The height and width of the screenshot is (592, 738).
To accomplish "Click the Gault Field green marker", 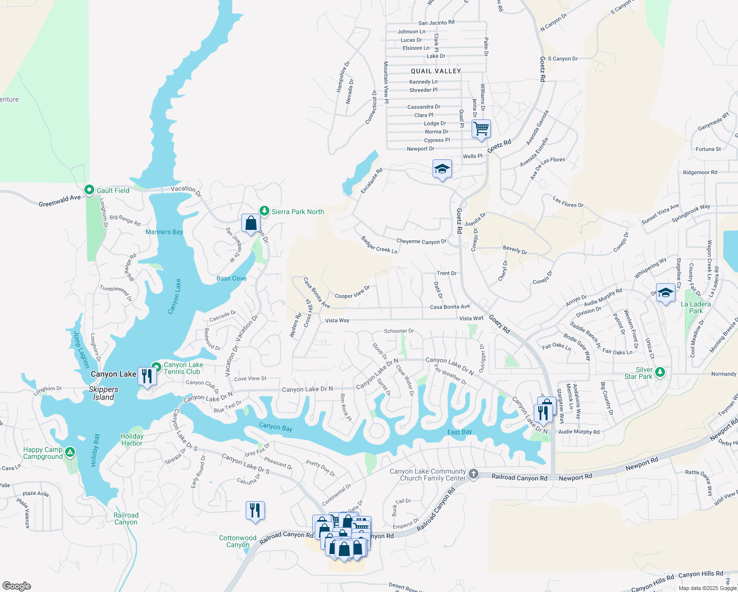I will [x=89, y=190].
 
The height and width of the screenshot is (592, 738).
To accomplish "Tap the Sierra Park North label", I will [x=297, y=212].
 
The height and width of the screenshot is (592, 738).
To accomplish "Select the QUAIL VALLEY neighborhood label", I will [x=436, y=71].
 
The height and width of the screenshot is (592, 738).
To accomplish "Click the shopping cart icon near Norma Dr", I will [x=481, y=129].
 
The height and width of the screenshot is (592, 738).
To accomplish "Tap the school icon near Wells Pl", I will [x=442, y=169].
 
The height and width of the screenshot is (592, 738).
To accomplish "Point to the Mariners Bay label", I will [x=164, y=232].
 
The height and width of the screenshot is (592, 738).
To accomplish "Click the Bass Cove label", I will [x=231, y=278].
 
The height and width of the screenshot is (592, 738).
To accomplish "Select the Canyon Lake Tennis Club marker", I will [x=156, y=367].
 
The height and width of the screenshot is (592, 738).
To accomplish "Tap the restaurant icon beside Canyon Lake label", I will [x=147, y=376].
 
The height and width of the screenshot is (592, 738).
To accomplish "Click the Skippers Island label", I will [x=103, y=393].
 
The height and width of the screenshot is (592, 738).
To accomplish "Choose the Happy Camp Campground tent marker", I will [x=70, y=452].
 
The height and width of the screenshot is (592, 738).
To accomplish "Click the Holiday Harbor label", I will [x=132, y=440].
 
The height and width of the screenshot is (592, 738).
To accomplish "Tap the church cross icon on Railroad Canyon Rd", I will [x=473, y=474].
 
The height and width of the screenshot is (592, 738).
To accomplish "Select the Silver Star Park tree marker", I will [x=660, y=372].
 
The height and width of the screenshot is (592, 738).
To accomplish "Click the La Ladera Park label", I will [x=696, y=307].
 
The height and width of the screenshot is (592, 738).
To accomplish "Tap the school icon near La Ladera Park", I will [x=665, y=293].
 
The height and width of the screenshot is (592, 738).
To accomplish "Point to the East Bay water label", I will [x=459, y=432].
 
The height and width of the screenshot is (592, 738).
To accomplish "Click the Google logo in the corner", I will [x=17, y=586].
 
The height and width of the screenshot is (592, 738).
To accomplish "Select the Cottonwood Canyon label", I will [x=237, y=541].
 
